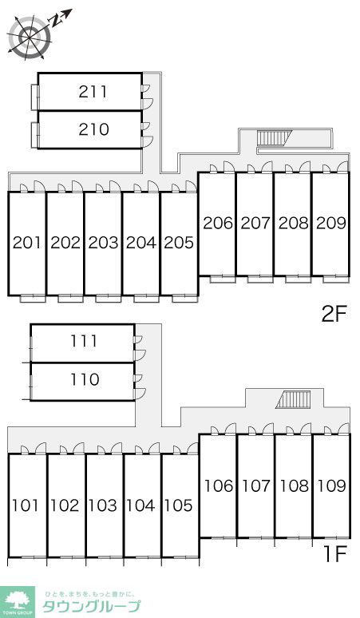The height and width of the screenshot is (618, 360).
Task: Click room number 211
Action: (x=93, y=92)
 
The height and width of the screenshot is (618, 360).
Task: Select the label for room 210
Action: (x=93, y=129)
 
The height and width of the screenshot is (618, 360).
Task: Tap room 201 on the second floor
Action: (x=27, y=243)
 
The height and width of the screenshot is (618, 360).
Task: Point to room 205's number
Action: (x=179, y=243)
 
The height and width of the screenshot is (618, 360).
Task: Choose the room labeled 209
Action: (x=331, y=224)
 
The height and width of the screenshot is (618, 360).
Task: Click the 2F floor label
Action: (x=333, y=315)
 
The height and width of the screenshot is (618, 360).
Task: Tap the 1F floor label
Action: (x=334, y=554)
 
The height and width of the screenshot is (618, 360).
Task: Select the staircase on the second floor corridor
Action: (x=274, y=138)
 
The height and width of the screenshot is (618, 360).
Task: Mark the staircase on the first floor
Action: (x=294, y=400)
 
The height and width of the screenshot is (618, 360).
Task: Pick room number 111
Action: (x=84, y=341)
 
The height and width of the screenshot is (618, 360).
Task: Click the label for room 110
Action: (x=85, y=379)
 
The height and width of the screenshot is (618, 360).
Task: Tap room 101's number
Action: (x=26, y=505)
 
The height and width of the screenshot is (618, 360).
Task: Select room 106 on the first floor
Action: (x=219, y=486)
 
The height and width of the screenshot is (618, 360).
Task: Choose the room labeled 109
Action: (x=332, y=486)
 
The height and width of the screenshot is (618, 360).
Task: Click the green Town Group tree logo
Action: (x=18, y=601)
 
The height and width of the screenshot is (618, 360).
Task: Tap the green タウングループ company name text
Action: (x=91, y=607)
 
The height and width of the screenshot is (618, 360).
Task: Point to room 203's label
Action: (x=103, y=243)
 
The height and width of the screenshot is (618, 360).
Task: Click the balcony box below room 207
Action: (x=260, y=279)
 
